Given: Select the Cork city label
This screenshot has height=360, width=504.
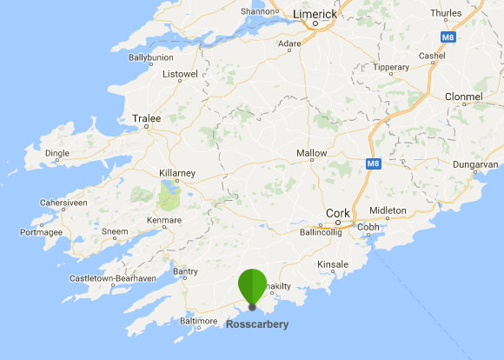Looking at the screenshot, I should [x=337, y=213].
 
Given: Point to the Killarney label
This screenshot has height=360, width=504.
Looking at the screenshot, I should [x=178, y=173].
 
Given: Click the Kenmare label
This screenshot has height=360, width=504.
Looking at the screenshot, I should [x=164, y=220].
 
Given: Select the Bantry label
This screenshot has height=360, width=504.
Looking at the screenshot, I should [x=186, y=272].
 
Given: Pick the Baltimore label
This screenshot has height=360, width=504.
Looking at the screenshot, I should [x=197, y=321].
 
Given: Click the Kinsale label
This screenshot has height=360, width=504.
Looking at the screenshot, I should [x=333, y=263].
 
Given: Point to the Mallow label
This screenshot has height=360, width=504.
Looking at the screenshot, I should [x=312, y=153].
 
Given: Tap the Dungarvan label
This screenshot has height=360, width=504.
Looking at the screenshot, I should [x=474, y=163].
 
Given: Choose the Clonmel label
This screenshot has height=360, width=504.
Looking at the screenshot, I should [x=462, y=97].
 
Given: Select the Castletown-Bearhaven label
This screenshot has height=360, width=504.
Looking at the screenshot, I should [x=114, y=278].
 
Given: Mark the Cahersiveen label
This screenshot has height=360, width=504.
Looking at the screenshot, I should [x=63, y=203].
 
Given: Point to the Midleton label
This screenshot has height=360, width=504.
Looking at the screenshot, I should [x=388, y=210].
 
